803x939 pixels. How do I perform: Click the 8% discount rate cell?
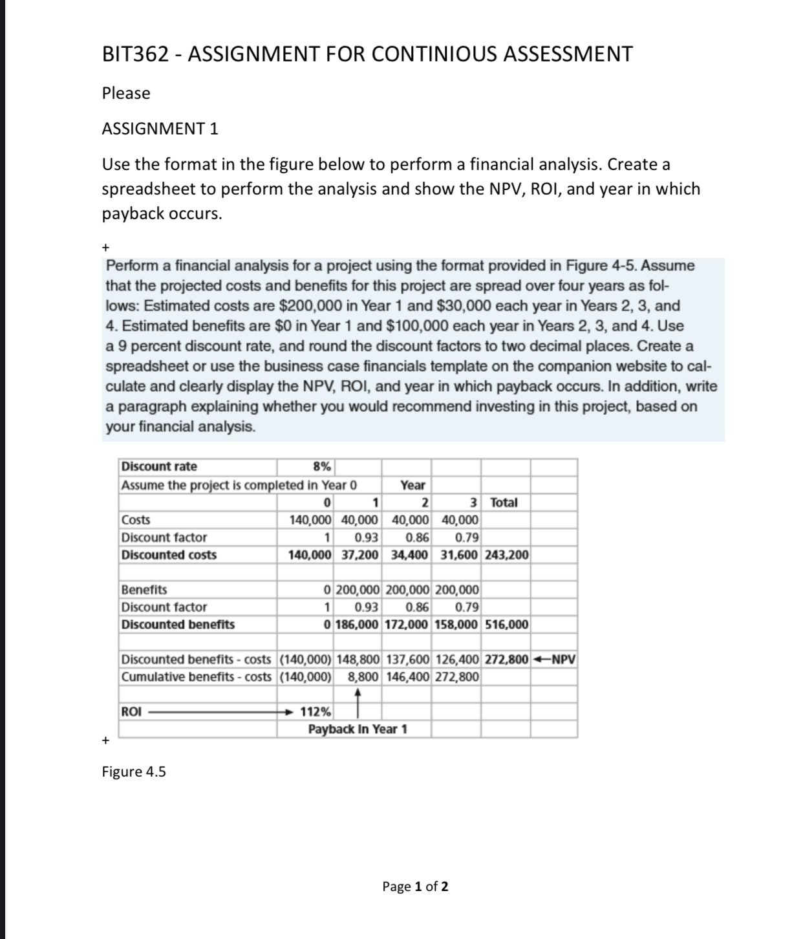point(322,467)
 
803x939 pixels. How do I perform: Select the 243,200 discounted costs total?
point(506,555)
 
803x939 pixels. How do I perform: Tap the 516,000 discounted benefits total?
point(506,625)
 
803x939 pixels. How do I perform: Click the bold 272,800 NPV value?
point(506,660)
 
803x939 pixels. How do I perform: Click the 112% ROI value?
point(316,712)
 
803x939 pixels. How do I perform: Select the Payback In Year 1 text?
point(358,729)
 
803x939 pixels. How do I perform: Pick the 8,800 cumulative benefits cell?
point(362,677)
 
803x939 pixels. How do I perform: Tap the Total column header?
point(504,502)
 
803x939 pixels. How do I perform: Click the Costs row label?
point(136,520)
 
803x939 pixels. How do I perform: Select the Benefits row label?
point(144,590)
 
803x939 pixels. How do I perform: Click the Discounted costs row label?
point(169,555)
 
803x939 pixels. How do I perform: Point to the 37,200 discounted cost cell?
point(359,555)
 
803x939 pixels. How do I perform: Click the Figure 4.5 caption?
point(134,772)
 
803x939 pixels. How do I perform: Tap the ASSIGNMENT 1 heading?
point(160,129)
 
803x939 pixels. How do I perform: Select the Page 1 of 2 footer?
point(415,886)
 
